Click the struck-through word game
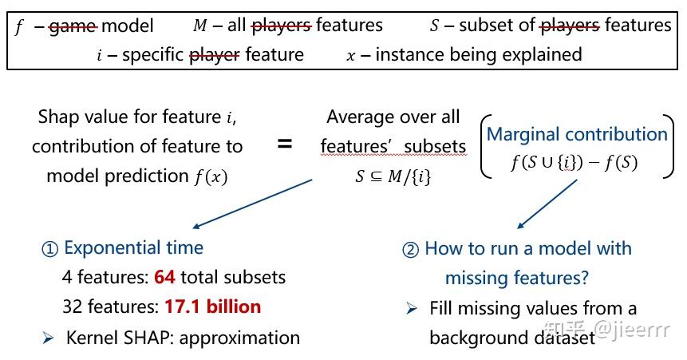click(73, 26)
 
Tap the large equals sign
click(285, 144)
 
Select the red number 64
click(165, 278)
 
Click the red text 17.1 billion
click(213, 307)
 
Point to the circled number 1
click(50, 248)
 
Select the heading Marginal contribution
click(576, 134)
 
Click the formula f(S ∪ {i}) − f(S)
click(574, 162)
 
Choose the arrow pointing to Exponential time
click(251, 204)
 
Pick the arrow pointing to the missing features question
click(547, 206)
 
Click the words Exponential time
click(133, 247)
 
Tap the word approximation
click(240, 338)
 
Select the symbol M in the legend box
click(199, 26)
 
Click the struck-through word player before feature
click(215, 55)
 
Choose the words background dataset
click(512, 338)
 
